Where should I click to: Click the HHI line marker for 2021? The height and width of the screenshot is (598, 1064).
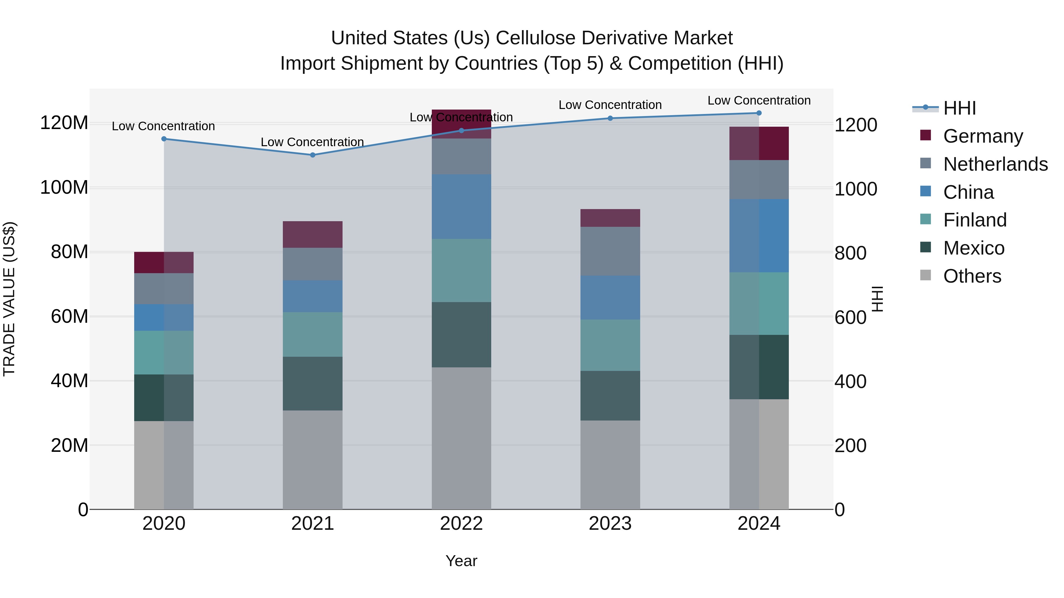click(x=312, y=155)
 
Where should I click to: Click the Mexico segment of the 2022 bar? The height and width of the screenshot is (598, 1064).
click(x=461, y=335)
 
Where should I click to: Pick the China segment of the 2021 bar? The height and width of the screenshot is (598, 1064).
click(x=312, y=296)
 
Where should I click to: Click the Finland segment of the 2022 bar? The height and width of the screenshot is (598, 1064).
click(x=461, y=270)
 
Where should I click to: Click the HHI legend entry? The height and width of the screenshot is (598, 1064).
click(x=959, y=108)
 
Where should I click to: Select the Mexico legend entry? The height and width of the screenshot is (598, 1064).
click(x=974, y=248)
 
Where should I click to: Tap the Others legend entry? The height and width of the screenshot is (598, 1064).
click(x=972, y=276)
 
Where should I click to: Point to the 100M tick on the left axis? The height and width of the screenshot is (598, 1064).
click(x=64, y=187)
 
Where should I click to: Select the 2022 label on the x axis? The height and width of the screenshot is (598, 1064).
click(x=461, y=524)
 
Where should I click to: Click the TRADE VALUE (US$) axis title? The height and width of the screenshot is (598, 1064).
click(x=9, y=299)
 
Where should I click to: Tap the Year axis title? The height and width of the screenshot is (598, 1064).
click(x=461, y=561)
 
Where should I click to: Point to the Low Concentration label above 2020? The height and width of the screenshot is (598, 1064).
click(x=163, y=126)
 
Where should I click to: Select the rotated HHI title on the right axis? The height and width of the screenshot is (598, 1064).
click(x=877, y=299)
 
